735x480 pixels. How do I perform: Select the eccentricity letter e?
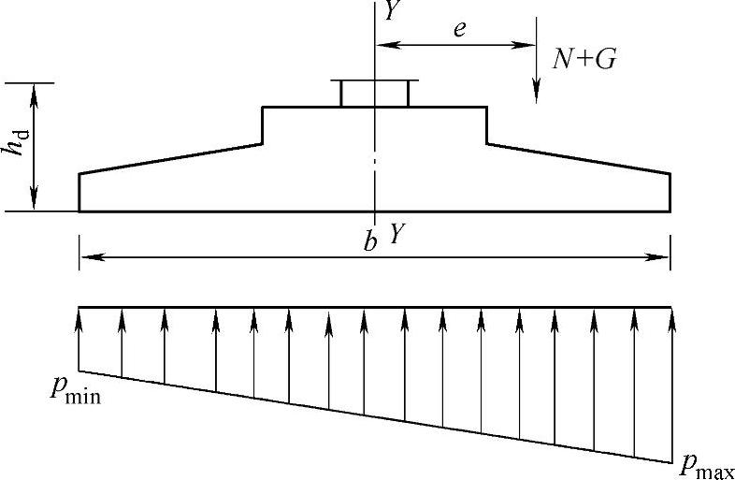[x=459, y=29]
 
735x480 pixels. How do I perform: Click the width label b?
[x=370, y=242]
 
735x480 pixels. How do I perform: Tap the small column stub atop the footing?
[x=374, y=94]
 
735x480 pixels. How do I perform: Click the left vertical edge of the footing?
[x=79, y=192]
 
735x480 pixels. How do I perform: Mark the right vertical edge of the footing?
[x=670, y=192]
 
